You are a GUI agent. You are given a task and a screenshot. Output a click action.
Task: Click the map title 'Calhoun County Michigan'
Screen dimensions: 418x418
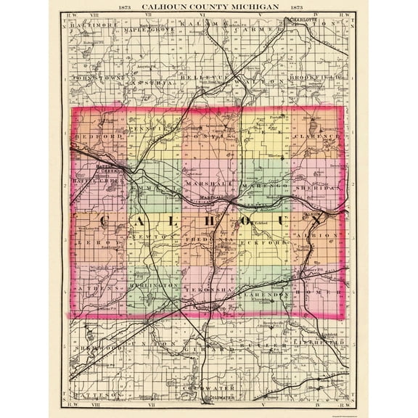tap(208, 7)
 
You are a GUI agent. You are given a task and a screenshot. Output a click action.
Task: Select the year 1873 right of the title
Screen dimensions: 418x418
tap(295, 7)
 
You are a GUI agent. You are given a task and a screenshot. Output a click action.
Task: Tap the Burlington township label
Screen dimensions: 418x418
tap(153, 287)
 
